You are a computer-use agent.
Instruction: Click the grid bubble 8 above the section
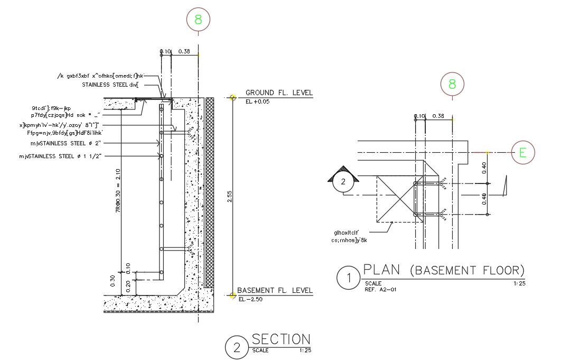[x=198, y=20]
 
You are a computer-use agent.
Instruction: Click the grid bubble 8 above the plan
[x=452, y=84]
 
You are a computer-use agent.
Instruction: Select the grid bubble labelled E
[x=523, y=153]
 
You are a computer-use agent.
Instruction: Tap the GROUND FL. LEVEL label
[x=279, y=93]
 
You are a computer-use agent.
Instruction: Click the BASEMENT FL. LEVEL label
[x=275, y=291]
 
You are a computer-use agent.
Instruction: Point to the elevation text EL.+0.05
[x=258, y=101]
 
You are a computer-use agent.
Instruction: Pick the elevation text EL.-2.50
[x=250, y=300]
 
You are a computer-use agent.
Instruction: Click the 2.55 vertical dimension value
[x=228, y=196]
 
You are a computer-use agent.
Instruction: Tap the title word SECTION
[x=281, y=339]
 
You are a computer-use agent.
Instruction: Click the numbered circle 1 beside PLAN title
[x=348, y=278]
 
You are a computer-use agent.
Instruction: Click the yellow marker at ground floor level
[x=233, y=97]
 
